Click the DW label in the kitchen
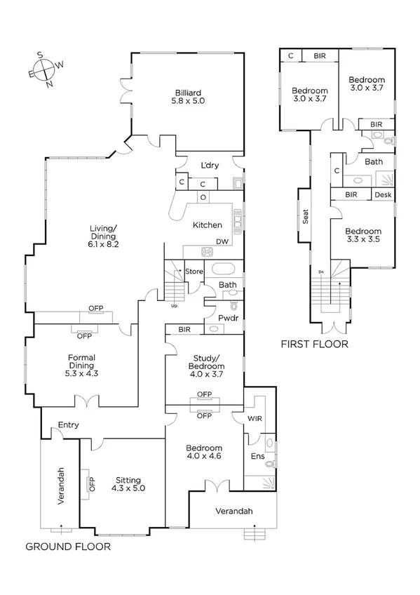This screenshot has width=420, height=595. (x=223, y=242)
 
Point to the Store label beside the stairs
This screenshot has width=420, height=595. (x=194, y=271)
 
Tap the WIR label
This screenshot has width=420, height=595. (x=255, y=419)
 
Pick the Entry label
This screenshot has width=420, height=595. (x=68, y=424)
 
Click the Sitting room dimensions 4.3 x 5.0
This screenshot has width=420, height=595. (x=129, y=489)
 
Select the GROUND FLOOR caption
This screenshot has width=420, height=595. (x=68, y=545)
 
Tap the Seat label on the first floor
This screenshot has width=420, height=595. (x=306, y=217)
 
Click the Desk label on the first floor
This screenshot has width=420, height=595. (x=383, y=195)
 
